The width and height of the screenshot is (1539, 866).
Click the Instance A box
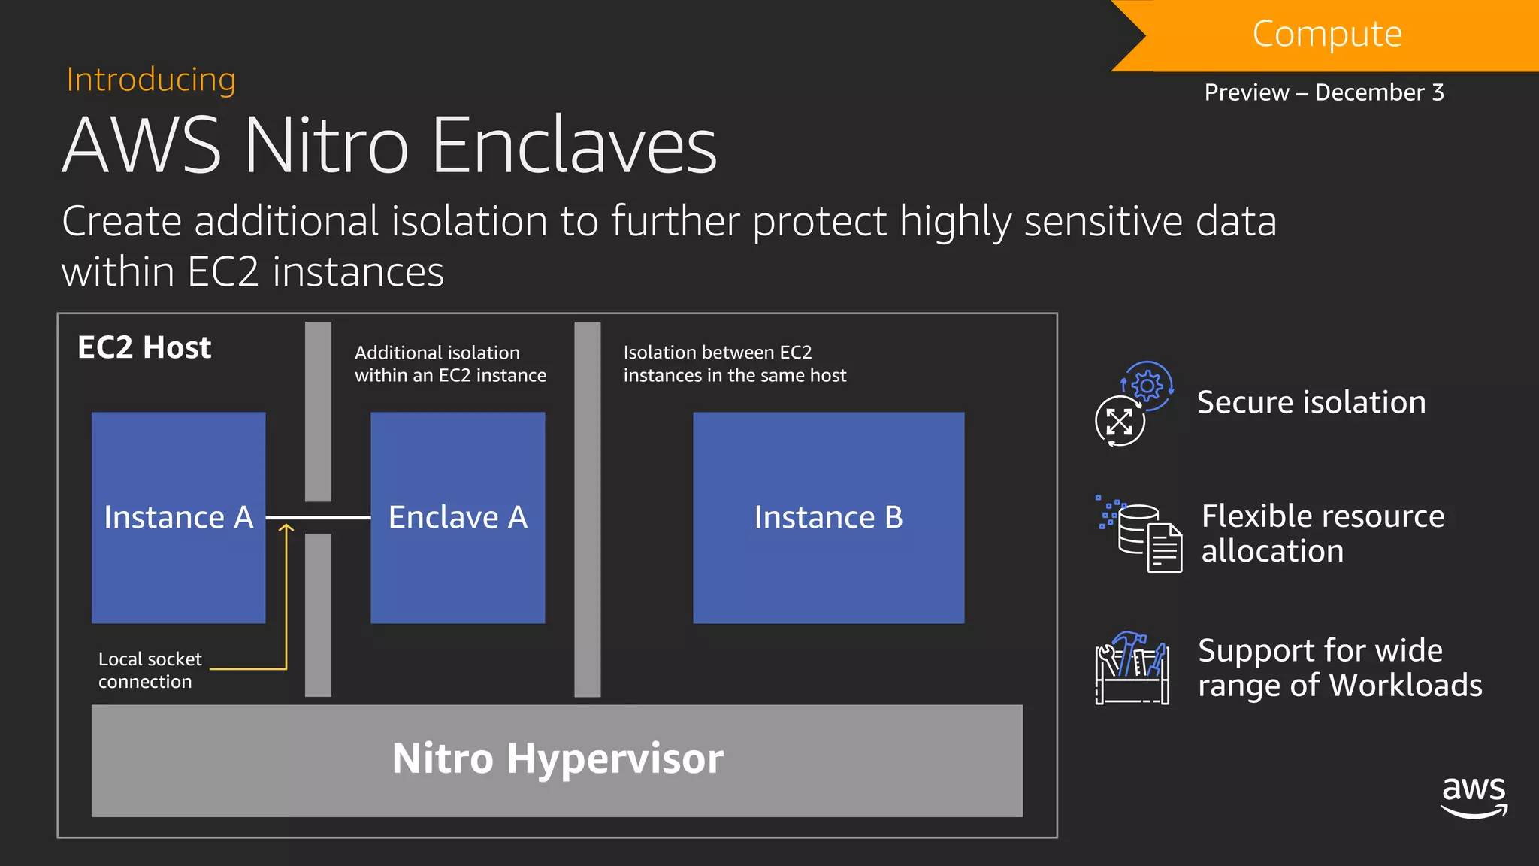(178, 517)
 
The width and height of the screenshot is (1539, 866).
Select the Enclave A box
(458, 517)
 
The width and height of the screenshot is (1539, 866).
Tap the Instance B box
(828, 517)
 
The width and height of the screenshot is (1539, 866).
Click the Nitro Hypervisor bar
(557, 760)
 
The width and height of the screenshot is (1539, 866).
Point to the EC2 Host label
(144, 347)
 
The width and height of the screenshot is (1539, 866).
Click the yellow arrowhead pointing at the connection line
(286, 529)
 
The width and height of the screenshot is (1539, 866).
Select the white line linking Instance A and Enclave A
(318, 517)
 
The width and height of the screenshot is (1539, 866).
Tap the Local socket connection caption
(150, 670)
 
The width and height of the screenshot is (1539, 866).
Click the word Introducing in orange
(151, 80)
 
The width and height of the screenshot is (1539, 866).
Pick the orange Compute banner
(1327, 35)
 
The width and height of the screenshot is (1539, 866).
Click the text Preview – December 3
(1324, 92)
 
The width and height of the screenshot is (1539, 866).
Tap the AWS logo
(1474, 796)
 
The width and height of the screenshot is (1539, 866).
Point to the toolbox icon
(1132, 668)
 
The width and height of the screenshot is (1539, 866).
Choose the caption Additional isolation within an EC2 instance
(450, 364)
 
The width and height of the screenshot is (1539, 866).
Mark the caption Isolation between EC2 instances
(734, 364)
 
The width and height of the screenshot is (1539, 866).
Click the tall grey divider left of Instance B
(587, 510)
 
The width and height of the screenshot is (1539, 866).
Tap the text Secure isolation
(1311, 402)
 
